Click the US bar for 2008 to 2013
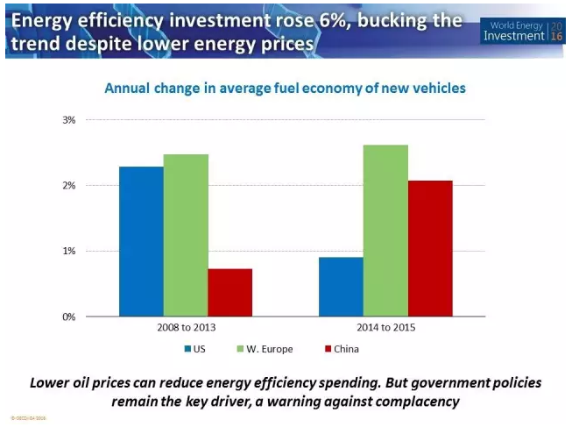(141, 241)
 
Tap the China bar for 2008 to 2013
(229, 292)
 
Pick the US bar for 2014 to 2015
(341, 287)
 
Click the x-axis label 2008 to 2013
(186, 328)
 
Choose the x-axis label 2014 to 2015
(385, 328)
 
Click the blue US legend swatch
(188, 349)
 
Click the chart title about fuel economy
(285, 88)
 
